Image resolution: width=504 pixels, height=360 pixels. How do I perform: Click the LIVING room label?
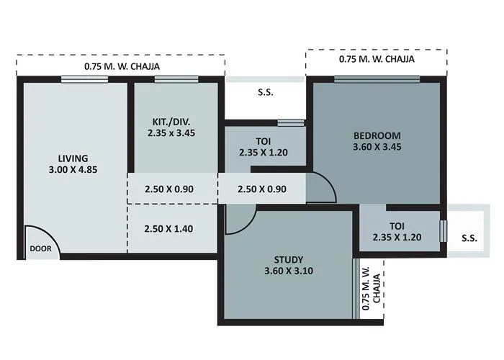coord(73,158)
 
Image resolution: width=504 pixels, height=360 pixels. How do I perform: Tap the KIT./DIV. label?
coord(171,121)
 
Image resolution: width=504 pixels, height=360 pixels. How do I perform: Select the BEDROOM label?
coord(377,135)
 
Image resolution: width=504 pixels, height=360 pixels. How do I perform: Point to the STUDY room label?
coord(288,259)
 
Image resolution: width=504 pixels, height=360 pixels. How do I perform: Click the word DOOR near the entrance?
coord(40,249)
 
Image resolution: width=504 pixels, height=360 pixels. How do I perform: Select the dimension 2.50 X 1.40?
coord(169,229)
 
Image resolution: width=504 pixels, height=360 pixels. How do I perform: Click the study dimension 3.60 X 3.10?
coord(288,271)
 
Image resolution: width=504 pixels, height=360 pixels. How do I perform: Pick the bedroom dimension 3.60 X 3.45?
coord(377,148)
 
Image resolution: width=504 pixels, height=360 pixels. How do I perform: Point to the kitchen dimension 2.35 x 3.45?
coord(171,132)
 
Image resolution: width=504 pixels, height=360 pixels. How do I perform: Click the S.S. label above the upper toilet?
coord(266,93)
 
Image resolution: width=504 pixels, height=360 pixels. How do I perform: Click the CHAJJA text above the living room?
coord(122,66)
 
